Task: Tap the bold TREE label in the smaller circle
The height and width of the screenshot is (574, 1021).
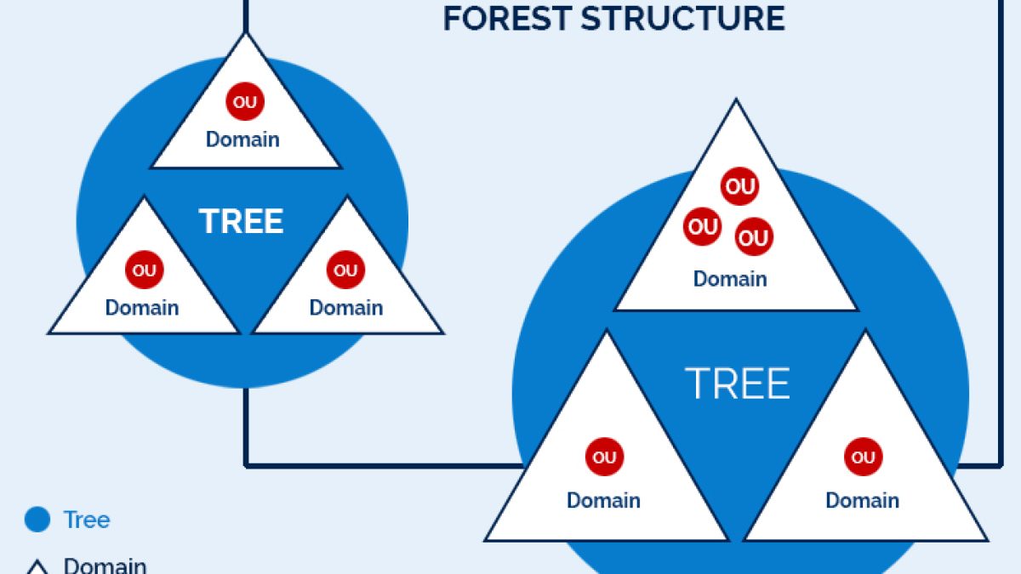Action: pos(242,221)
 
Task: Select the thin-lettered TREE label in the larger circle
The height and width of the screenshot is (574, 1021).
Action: pos(738,384)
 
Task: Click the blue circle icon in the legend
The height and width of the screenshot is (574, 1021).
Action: pos(37,520)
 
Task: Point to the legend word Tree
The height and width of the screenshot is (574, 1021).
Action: pos(87,520)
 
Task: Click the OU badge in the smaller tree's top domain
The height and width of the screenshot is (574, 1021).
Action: pos(245,103)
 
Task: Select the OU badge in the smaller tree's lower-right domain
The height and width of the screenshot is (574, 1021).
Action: pos(345,270)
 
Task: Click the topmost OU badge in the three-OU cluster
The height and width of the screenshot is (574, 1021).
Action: pos(739,186)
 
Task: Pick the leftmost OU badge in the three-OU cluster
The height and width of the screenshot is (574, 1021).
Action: pos(703,227)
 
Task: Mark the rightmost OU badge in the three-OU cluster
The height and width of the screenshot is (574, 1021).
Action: pos(754,237)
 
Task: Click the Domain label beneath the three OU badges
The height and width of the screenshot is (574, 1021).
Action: pos(730,279)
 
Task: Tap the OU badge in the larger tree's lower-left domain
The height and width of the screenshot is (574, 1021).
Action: pos(604,457)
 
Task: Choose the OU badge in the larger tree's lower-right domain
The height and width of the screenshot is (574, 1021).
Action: pos(863,457)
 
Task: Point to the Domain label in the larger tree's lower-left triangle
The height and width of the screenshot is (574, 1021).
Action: pos(603,500)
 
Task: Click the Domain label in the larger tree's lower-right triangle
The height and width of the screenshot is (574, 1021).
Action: pos(862,500)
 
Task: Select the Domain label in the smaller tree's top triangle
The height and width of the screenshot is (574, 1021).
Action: pos(242,139)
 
